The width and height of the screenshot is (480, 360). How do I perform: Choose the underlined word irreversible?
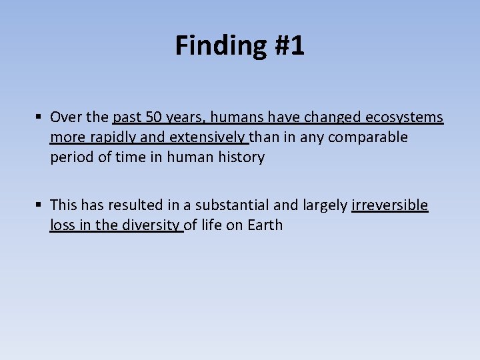click(x=390, y=205)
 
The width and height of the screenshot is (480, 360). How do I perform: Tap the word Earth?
click(x=265, y=225)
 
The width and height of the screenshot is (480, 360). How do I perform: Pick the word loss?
click(x=62, y=225)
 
